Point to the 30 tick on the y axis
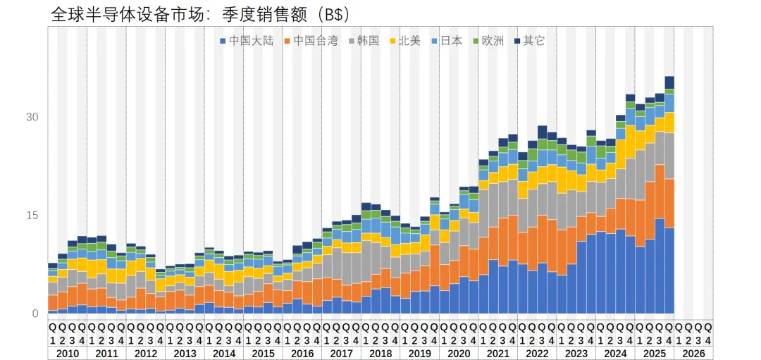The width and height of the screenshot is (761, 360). coord(32,117)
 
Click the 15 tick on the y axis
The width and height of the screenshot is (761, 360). coord(32,216)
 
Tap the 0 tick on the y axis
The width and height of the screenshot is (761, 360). coord(35,314)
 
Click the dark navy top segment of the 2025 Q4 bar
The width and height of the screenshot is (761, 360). coord(669,82)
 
